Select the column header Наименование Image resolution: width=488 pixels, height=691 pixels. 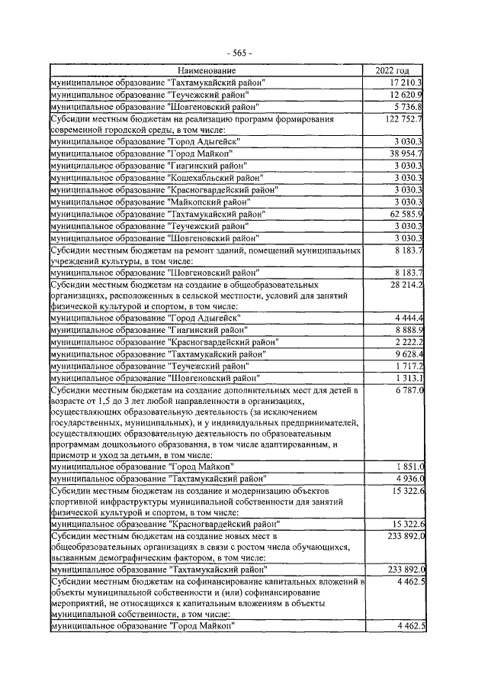(207, 70)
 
